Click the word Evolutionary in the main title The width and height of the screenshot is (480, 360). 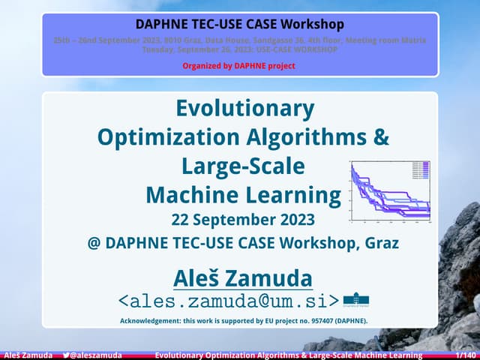(x=244, y=109)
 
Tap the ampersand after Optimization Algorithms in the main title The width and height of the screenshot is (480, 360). (x=381, y=137)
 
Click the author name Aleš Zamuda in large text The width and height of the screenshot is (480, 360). (x=243, y=278)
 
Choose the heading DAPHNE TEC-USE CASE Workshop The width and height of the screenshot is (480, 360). (x=240, y=24)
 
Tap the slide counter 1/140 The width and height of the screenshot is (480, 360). (x=466, y=355)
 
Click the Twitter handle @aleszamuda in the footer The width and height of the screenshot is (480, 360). (x=97, y=355)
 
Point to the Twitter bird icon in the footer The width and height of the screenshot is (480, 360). (x=67, y=355)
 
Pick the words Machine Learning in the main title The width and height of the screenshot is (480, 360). (x=243, y=195)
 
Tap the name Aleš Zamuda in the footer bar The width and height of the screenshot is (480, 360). (x=28, y=355)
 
